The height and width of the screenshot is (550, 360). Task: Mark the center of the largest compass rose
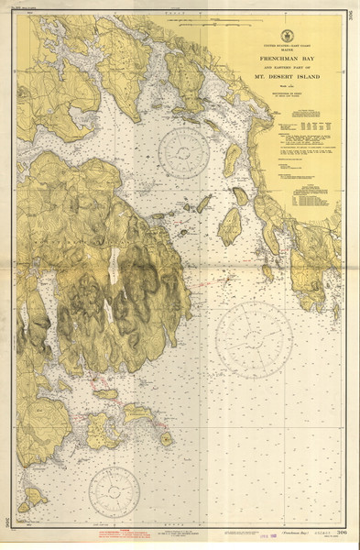(x=255, y=339)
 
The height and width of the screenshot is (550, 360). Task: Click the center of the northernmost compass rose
(x=184, y=152)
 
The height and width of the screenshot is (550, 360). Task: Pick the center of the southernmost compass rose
(x=115, y=492)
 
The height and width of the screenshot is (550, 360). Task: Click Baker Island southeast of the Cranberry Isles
(x=166, y=438)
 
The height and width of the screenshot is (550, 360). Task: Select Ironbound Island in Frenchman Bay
(x=229, y=225)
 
